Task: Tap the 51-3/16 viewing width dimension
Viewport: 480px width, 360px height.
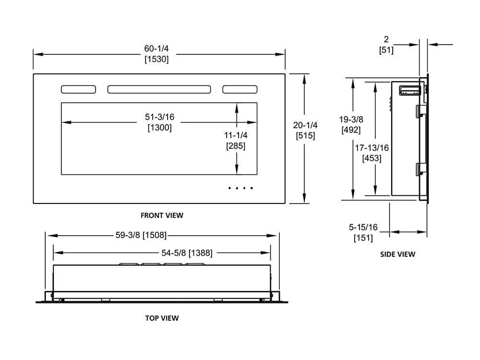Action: coord(159,117)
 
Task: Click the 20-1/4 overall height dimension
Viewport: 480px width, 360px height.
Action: coord(305,125)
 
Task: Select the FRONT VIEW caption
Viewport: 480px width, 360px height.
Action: coord(162,216)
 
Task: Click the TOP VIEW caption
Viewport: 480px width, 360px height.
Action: coord(162,318)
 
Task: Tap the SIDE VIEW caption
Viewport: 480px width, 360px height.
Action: coord(397,254)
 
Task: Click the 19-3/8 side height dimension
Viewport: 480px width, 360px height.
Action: coord(351,119)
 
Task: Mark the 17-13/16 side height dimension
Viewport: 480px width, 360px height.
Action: coord(372,148)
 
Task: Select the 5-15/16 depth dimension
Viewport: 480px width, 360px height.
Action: coord(363,227)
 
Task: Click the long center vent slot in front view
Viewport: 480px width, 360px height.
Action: coord(159,89)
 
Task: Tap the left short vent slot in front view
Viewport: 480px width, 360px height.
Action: coord(78,89)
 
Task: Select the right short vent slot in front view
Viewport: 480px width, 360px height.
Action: coord(240,89)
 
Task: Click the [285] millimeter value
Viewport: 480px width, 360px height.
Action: coord(236,146)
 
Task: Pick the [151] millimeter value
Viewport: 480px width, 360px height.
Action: coord(363,238)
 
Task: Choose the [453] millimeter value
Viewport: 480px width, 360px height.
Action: coord(372,158)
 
